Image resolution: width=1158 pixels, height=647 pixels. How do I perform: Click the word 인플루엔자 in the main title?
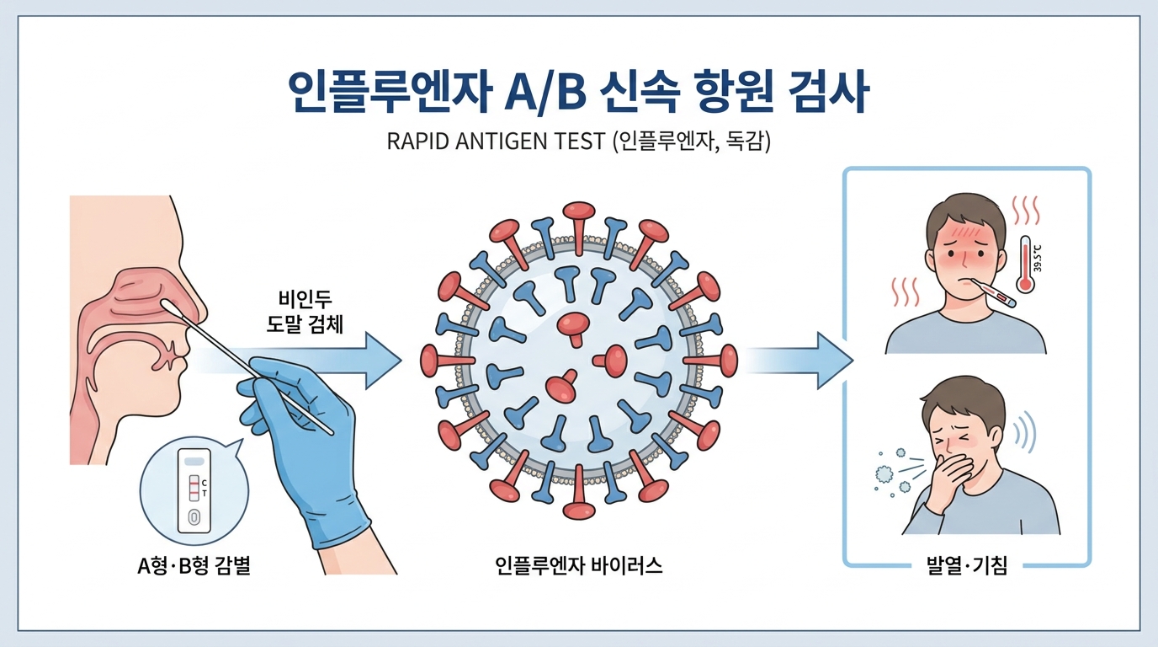point(390,93)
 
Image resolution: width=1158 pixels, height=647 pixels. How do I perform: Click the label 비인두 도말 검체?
point(305,312)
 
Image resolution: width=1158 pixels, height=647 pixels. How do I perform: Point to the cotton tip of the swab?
point(169,307)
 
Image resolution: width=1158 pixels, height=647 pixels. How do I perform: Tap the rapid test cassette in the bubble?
point(194,490)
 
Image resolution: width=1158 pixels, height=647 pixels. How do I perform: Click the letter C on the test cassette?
point(205,483)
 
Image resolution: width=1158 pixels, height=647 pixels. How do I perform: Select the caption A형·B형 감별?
point(194,566)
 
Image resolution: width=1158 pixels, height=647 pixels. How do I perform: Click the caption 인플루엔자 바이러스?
point(578,565)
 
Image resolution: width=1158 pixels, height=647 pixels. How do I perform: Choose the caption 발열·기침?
point(967,566)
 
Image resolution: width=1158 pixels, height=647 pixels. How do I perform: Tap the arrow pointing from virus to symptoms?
point(799,361)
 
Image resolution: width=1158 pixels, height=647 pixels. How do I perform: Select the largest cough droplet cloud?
point(884,473)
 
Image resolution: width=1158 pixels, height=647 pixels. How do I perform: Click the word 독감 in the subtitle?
point(745,141)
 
